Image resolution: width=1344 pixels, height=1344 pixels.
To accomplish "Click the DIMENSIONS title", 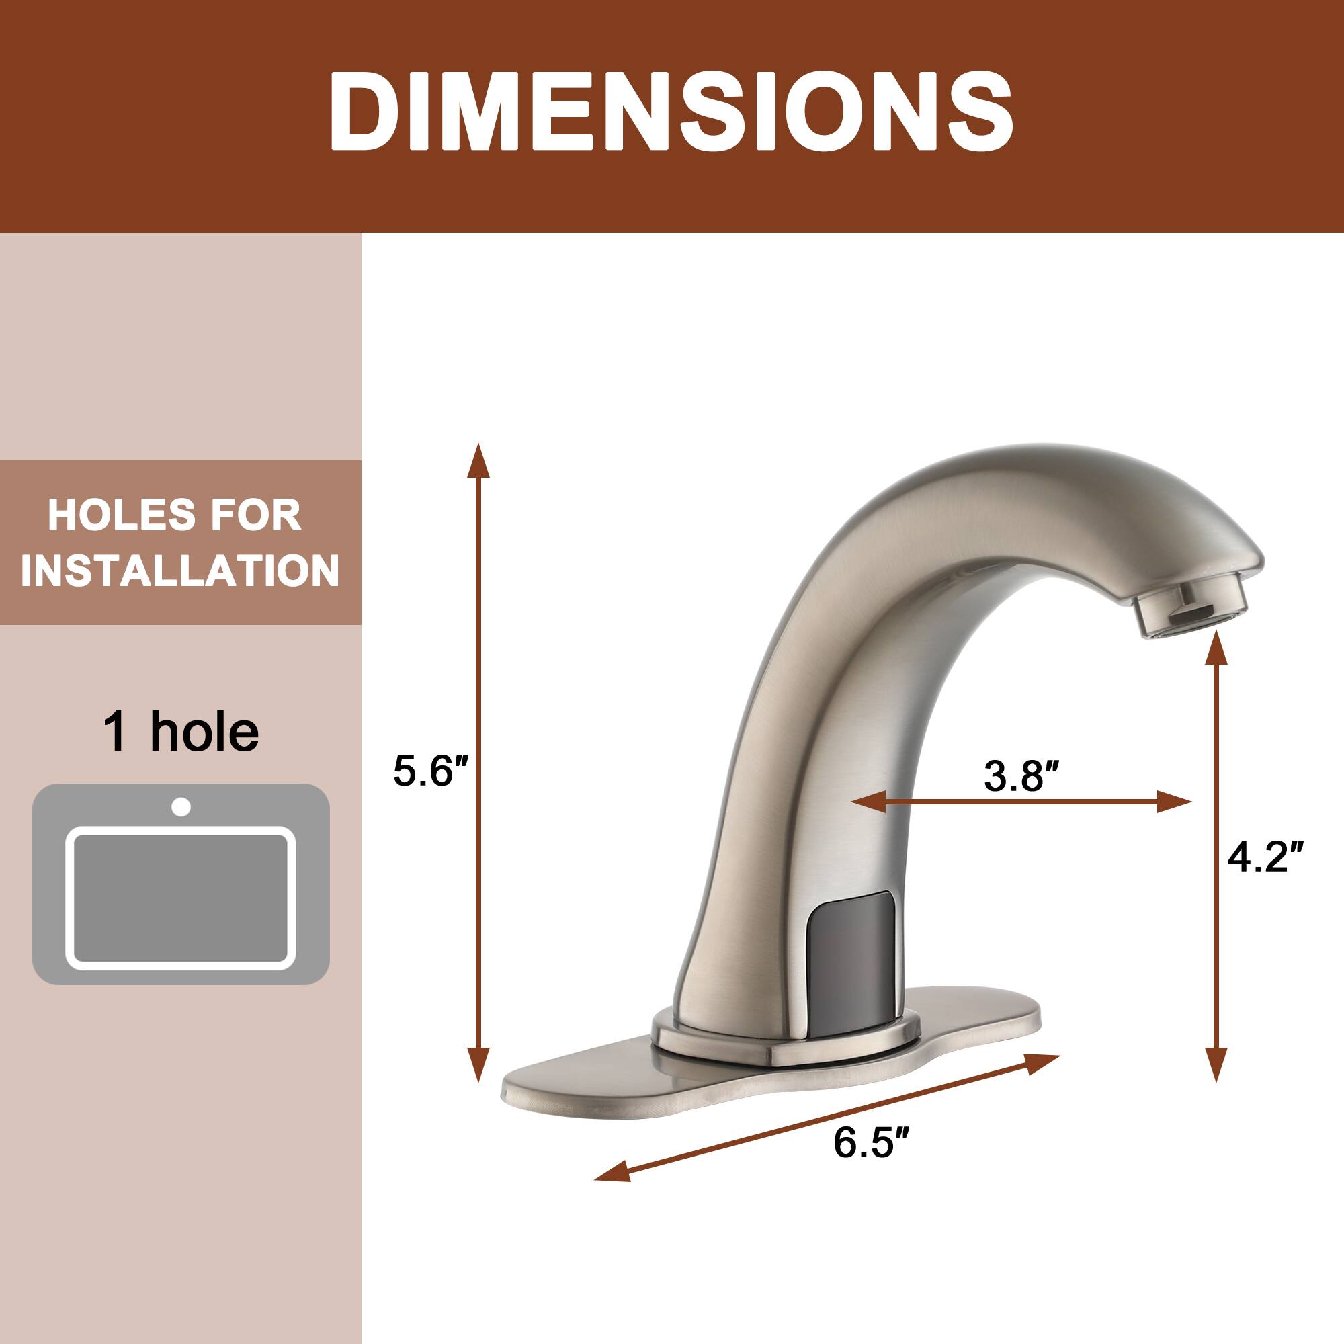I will tap(671, 112).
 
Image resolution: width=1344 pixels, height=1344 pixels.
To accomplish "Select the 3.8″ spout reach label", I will tap(1021, 775).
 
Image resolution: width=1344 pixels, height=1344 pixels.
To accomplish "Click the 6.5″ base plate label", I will tap(871, 1142).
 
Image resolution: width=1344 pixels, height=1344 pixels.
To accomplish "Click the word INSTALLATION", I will tap(180, 571).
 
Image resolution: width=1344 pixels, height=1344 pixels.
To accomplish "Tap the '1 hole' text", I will tap(181, 732).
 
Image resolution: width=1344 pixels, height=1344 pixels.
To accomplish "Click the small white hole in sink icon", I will tap(181, 807).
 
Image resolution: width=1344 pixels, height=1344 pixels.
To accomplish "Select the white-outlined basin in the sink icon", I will tap(181, 897).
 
